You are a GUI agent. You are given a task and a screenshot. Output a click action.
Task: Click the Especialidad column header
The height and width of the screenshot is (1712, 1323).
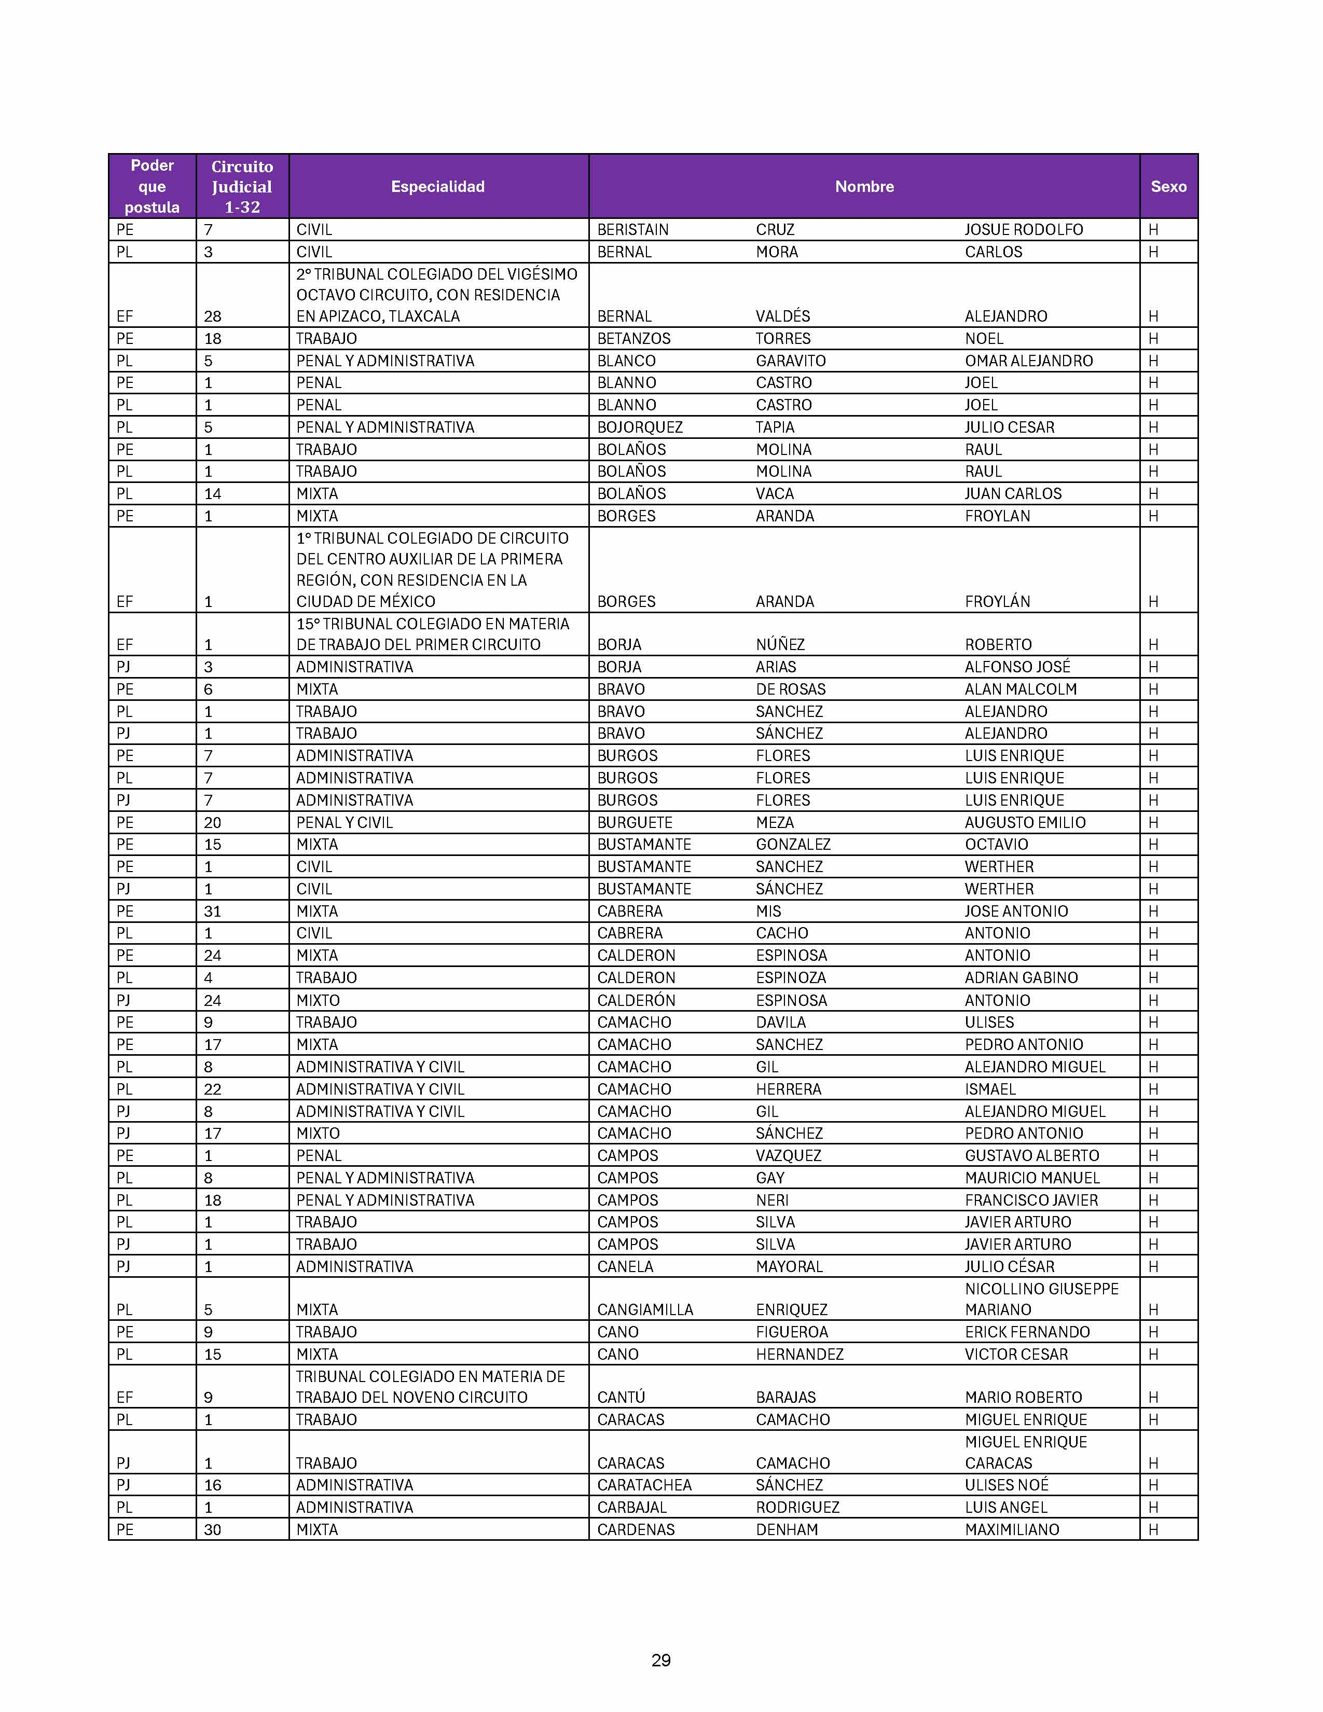tap(437, 187)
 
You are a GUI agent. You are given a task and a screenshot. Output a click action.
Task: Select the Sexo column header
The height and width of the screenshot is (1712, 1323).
tap(1168, 187)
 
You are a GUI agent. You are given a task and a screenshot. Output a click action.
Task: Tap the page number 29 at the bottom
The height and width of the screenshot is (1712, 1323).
tap(660, 1660)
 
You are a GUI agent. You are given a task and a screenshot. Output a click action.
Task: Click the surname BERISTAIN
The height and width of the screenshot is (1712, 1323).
tap(632, 230)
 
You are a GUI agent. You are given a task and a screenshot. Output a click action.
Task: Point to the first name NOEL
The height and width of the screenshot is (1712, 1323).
tap(984, 339)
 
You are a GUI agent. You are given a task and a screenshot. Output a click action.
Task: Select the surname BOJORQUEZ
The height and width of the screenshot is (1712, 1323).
tap(640, 427)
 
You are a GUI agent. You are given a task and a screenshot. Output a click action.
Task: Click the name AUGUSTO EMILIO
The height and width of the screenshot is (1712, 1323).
tap(1024, 822)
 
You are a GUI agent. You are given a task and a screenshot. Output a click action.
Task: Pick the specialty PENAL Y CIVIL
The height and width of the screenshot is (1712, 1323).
tap(344, 822)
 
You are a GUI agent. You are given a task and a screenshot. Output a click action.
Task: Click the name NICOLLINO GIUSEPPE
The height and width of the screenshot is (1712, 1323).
tap(1041, 1289)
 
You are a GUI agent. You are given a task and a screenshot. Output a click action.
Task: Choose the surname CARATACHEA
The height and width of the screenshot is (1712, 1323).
tap(644, 1485)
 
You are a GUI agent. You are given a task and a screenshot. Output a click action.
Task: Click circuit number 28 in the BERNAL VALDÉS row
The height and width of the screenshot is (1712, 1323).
tap(212, 316)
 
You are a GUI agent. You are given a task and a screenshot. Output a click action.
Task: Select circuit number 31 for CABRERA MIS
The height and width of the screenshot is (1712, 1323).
tap(212, 911)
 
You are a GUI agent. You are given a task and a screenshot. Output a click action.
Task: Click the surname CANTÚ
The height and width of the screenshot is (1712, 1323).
tap(621, 1397)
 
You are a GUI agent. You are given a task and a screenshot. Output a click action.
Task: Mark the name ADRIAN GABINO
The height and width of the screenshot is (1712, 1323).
tap(1021, 977)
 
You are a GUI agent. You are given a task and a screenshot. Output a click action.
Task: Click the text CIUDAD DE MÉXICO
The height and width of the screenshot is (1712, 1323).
tap(365, 601)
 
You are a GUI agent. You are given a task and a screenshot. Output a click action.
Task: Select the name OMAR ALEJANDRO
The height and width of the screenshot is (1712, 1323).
tap(1028, 361)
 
